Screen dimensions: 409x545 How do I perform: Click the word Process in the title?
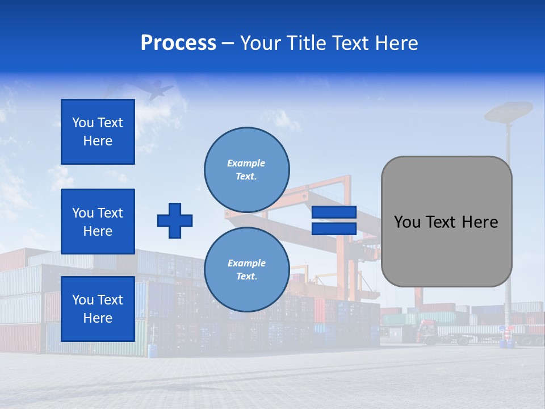178,43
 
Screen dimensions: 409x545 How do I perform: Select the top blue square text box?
98,132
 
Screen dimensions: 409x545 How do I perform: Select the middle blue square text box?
98,222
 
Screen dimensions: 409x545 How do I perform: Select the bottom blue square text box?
98,308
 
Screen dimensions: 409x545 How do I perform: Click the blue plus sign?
175,220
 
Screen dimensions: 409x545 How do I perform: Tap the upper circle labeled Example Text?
247,169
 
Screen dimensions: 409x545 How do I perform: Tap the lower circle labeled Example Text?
247,269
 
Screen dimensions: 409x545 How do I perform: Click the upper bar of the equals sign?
334,212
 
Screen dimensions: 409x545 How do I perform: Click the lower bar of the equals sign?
334,228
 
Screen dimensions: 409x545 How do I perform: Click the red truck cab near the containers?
427,330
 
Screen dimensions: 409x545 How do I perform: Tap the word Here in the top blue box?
98,141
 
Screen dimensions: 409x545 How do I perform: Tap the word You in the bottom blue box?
83,300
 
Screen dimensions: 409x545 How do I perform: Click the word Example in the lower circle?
246,263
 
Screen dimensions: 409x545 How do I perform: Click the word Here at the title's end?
396,43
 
